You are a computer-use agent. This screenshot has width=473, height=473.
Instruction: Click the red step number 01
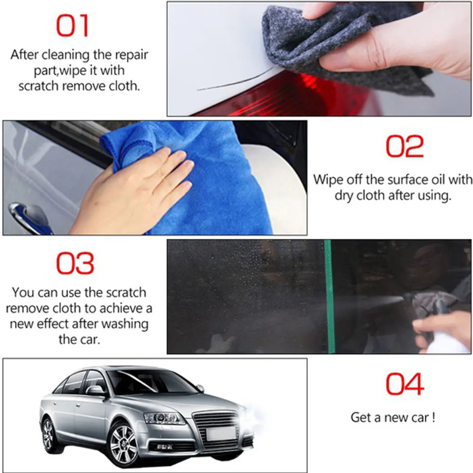point(72,26)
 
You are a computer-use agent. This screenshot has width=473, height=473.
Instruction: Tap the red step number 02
point(405,146)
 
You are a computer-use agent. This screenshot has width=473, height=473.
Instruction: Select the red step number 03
point(75,263)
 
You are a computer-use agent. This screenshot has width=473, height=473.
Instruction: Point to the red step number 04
point(405,384)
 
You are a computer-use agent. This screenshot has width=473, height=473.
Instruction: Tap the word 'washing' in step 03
point(125,324)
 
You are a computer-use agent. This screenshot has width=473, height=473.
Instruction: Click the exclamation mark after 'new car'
point(433,417)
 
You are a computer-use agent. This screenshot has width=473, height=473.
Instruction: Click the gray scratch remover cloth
point(341,45)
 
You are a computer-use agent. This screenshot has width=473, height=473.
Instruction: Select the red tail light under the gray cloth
point(289,96)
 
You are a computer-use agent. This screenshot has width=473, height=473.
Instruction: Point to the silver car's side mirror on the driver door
point(95,391)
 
